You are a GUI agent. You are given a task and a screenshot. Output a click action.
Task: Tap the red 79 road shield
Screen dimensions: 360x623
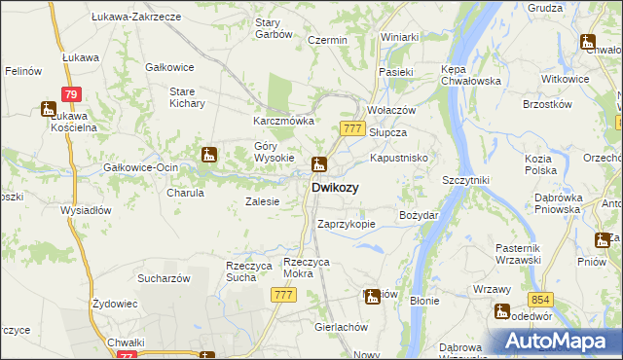coord(69,93)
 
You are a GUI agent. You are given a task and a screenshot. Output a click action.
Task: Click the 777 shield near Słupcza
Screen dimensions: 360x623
coord(353,128)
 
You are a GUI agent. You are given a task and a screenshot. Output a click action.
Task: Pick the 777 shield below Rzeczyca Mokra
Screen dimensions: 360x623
coord(284,295)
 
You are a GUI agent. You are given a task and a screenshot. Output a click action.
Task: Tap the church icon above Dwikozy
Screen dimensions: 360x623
coord(318,164)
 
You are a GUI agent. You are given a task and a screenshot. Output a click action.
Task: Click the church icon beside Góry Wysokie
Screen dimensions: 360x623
coord(208,154)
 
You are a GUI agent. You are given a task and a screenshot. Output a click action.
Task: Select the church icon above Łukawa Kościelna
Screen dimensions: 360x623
coord(49,109)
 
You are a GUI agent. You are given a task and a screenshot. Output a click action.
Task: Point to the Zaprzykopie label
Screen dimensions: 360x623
coord(347,224)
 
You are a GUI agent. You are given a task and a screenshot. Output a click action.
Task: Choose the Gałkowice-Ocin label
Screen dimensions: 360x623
coord(140,167)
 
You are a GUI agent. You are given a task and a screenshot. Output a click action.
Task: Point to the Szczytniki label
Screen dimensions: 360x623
coord(465,181)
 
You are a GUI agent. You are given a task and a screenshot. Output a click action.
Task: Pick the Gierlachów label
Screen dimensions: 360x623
coord(339,327)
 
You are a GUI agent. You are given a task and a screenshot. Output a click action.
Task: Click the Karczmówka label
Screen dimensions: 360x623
coord(283,121)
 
